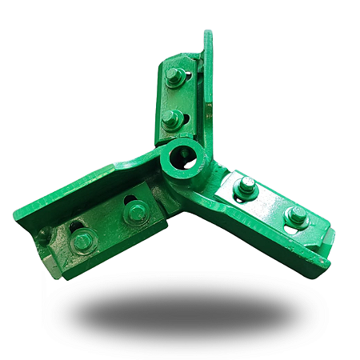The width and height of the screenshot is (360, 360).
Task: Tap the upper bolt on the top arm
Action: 176,78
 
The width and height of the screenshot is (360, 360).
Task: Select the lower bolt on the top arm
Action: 171,120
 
